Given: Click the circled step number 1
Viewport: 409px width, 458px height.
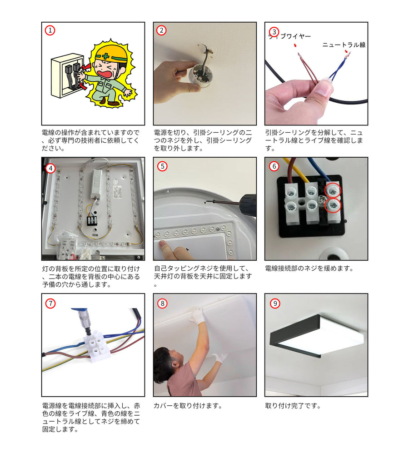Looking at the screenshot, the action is (x=50, y=30).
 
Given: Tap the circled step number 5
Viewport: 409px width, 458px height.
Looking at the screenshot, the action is (x=162, y=166).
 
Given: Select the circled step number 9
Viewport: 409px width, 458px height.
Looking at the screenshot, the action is (x=275, y=304).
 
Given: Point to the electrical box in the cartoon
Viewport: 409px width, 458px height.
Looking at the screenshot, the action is (x=67, y=75).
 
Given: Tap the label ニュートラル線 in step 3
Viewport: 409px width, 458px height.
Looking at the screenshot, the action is (x=344, y=45).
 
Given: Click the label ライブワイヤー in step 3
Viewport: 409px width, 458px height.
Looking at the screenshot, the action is (x=289, y=36).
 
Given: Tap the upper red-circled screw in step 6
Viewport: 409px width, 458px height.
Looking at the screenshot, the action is (x=332, y=191).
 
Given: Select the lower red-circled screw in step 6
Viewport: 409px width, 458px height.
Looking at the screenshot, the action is (x=333, y=205).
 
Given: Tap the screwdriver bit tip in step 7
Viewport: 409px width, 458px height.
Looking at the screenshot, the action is (x=88, y=333).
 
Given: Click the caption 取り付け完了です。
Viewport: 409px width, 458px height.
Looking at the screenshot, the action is (x=293, y=406).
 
